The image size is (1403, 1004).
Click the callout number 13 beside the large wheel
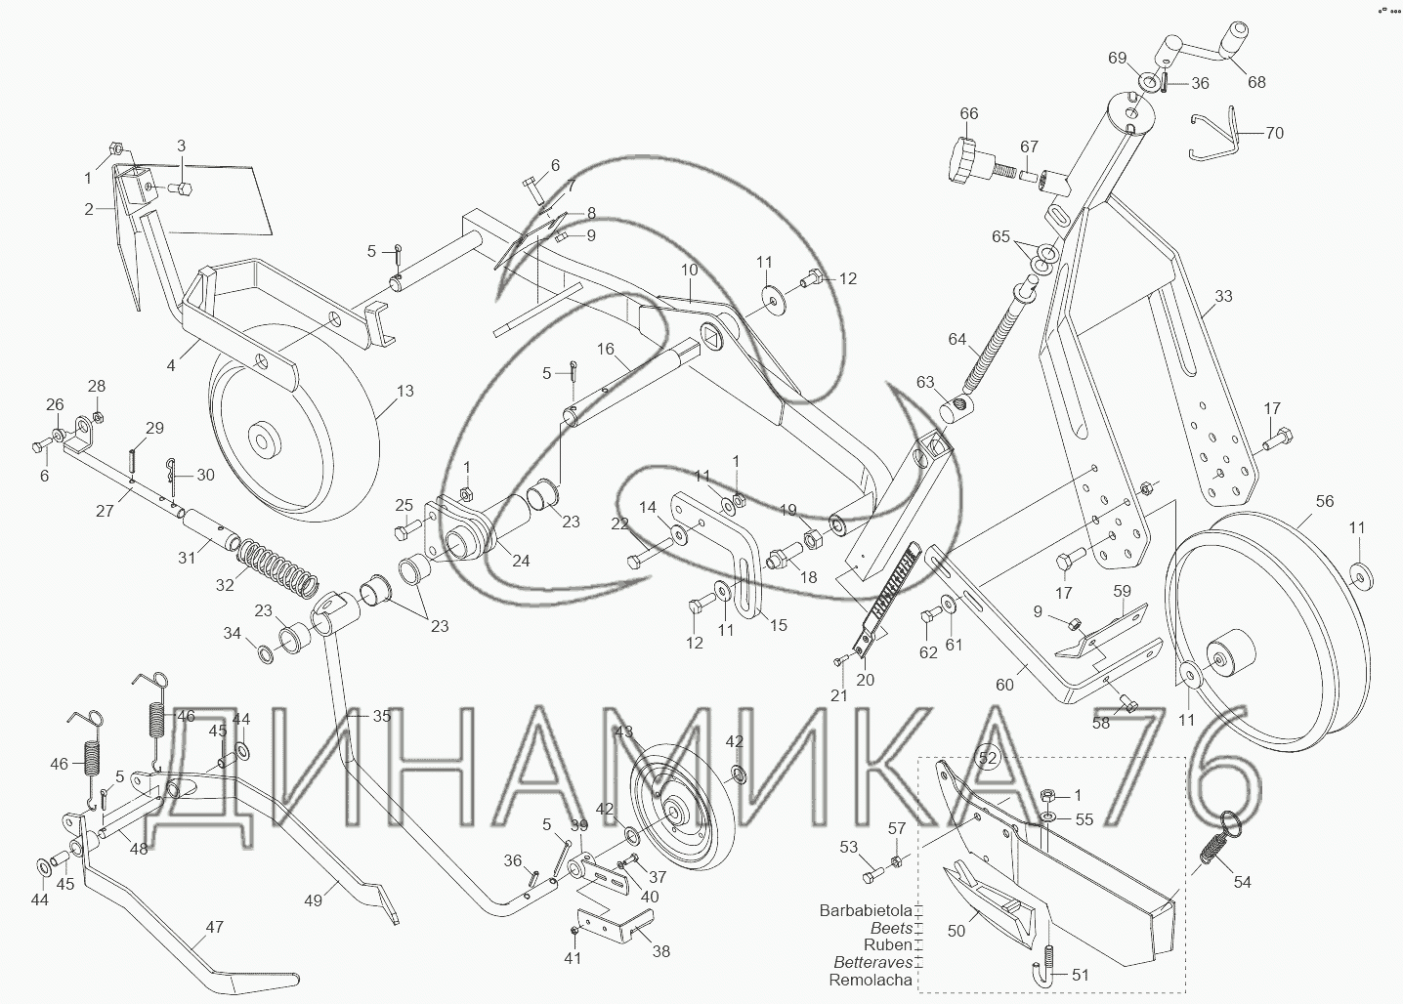(404, 391)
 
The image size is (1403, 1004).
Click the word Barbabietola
(866, 910)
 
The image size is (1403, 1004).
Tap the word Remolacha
(871, 980)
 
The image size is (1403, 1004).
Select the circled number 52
(988, 757)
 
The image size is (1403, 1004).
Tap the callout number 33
(1223, 297)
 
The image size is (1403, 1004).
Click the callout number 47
(213, 928)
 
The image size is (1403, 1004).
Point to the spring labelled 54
(1214, 841)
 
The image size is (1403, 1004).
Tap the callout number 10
(690, 269)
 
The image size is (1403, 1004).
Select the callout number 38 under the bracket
(660, 950)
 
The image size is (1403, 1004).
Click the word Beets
(892, 928)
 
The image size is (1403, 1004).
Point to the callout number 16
(605, 349)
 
